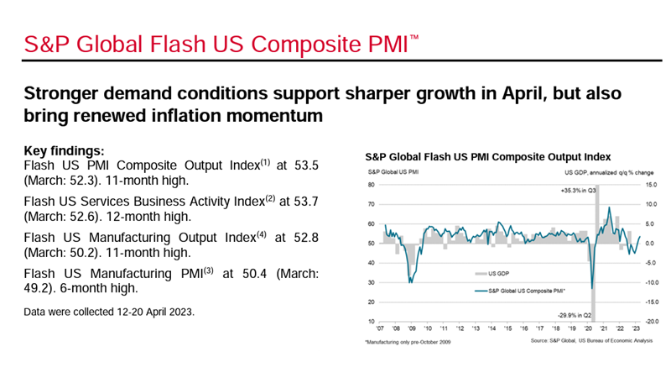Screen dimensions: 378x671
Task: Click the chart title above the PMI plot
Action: click(x=488, y=156)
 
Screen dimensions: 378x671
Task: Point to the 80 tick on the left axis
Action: click(x=369, y=185)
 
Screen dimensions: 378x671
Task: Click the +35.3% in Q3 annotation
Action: click(x=578, y=191)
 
